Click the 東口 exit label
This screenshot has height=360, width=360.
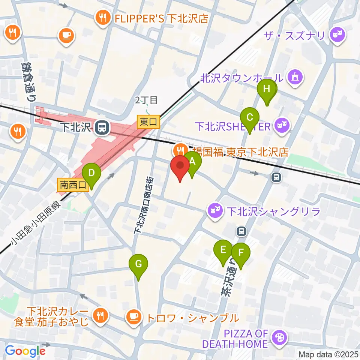[x=149, y=121]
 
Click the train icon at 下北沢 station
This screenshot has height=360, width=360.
[x=101, y=128]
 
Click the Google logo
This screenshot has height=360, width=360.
[x=25, y=351]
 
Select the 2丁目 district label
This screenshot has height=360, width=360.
[x=147, y=100]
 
